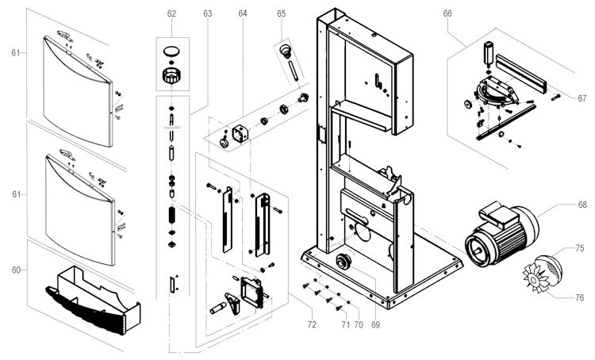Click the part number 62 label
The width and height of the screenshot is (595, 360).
click(171, 13)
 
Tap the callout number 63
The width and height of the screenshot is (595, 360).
click(207, 13)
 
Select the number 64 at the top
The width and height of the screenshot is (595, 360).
click(243, 13)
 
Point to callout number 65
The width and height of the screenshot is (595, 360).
click(281, 13)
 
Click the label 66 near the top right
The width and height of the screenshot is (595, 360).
click(447, 13)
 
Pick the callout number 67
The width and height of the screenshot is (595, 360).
click(582, 98)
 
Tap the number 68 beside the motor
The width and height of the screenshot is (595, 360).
click(582, 205)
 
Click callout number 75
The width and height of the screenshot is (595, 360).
click(579, 248)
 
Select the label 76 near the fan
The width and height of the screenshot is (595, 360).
click(579, 298)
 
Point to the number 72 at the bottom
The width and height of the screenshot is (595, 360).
click(312, 325)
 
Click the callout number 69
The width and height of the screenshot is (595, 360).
click(375, 325)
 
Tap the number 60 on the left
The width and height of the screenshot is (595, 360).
click(16, 270)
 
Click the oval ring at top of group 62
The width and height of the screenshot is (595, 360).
click(171, 52)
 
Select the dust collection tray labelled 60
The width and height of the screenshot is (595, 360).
click(94, 300)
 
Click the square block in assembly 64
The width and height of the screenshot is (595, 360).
click(240, 134)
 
